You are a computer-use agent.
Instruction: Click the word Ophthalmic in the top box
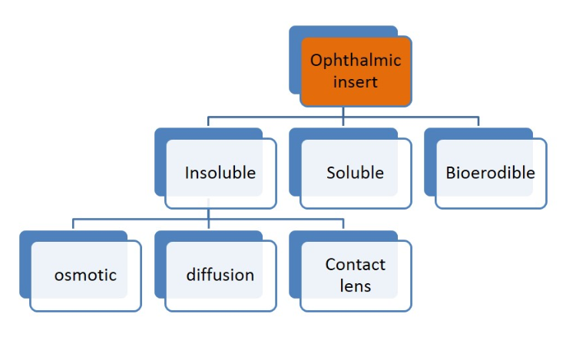[356, 61]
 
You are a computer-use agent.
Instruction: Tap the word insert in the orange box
[356, 81]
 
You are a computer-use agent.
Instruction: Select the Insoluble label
[220, 173]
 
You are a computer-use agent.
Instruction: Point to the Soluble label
[355, 173]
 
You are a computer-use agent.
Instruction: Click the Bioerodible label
[490, 173]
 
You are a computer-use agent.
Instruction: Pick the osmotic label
[85, 275]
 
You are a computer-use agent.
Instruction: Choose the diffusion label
[220, 275]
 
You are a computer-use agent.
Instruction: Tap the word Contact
[356, 265]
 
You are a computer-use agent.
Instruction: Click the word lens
[356, 286]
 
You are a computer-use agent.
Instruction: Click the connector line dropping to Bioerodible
[478, 122]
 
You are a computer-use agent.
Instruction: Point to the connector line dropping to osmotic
[74, 224]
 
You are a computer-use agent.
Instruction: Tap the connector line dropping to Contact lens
[343, 224]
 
